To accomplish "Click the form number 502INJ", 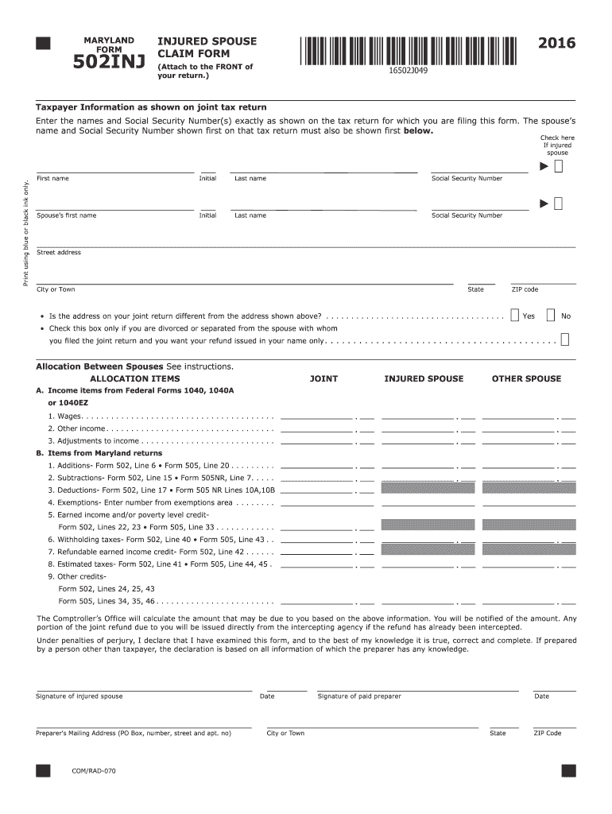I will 109,63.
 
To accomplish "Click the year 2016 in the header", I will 556,43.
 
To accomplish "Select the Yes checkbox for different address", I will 515,315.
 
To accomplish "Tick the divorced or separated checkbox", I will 564,340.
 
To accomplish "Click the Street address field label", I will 59,253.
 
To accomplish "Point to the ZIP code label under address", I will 525,289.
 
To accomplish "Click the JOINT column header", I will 323,379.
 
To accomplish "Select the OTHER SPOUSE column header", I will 526,379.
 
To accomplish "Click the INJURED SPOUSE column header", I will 423,379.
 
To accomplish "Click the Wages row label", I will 64,416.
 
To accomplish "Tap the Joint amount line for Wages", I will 318,417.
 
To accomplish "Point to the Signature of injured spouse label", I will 79,696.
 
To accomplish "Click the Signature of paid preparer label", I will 359,696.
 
